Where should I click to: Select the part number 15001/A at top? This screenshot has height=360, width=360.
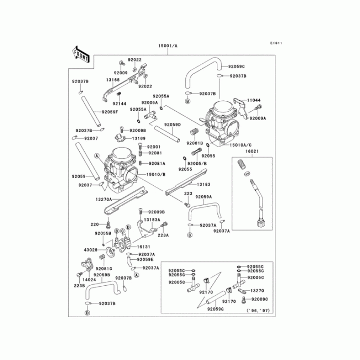168,46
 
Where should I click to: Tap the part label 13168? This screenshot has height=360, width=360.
112,80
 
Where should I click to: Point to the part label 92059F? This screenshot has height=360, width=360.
109,112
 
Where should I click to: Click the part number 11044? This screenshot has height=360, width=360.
253,100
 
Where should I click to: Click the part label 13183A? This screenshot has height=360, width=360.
153,220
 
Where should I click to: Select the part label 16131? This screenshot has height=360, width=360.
143,247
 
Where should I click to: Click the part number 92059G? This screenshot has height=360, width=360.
216,309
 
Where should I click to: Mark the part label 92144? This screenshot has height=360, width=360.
119,103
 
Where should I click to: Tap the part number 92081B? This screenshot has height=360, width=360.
195,143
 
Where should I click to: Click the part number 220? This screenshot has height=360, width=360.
94,224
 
